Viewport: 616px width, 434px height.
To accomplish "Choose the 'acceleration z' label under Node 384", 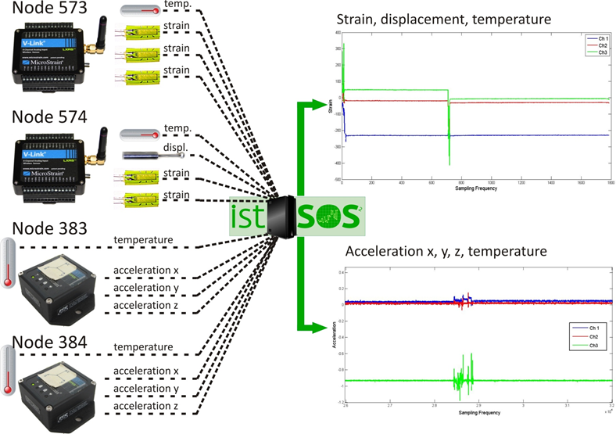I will point(145,406).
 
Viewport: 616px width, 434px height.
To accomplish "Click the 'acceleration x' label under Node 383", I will point(145,271).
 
